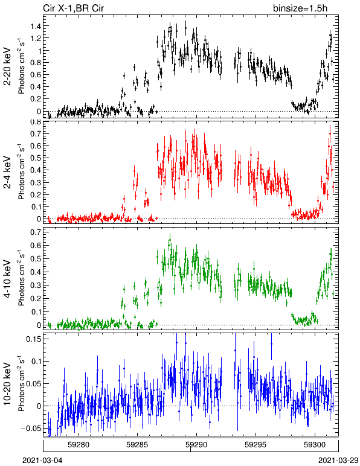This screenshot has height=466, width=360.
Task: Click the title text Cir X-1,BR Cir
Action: (x=74, y=8)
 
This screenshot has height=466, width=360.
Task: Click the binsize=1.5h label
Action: (x=300, y=8)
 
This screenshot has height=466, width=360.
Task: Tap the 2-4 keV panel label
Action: (x=7, y=173)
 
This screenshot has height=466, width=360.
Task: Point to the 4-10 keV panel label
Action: (x=7, y=279)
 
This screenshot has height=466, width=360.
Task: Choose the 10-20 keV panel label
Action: (x=7, y=384)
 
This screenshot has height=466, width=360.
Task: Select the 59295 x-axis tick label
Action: (x=256, y=445)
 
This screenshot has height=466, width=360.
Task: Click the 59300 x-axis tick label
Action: (x=315, y=445)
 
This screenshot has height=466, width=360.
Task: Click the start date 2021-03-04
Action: (x=43, y=461)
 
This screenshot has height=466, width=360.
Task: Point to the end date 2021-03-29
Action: (x=338, y=461)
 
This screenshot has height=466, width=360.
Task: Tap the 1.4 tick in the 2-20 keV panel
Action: (x=35, y=26)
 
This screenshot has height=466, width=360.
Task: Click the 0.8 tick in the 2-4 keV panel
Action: (x=35, y=122)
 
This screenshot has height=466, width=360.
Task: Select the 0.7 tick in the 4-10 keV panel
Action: (x=35, y=232)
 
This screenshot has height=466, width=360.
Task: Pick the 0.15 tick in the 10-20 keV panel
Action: (x=33, y=339)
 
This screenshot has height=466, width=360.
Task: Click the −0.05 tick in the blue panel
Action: (x=31, y=428)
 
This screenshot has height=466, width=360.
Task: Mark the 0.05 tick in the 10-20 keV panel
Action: (x=33, y=384)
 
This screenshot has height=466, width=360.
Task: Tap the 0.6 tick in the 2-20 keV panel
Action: (x=35, y=75)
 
